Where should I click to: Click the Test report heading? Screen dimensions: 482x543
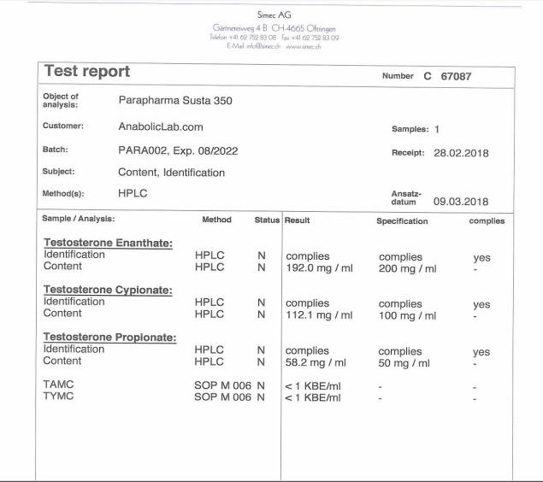tap(87, 72)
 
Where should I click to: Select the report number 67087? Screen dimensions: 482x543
tap(456, 76)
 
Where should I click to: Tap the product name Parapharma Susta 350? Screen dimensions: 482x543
tap(175, 100)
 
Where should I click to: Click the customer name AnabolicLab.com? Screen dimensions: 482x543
tap(161, 126)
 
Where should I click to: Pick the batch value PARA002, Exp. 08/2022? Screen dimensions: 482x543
tap(178, 150)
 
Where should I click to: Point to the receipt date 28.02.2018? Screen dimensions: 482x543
tap(461, 153)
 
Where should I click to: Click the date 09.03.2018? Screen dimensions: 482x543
tap(461, 202)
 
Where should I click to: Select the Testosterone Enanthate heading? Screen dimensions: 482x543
tap(108, 244)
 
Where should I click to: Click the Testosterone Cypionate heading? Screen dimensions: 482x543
tap(108, 291)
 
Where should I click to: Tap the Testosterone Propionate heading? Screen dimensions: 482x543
tap(109, 338)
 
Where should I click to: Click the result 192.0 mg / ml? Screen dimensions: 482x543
tap(319, 267)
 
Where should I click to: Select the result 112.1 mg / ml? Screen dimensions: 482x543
tap(319, 314)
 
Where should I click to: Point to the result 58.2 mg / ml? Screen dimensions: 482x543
tap(316, 362)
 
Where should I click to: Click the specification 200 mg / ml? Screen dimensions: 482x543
tap(407, 267)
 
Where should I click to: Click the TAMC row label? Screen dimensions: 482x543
tap(58, 385)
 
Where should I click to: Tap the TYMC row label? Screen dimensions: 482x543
tap(58, 397)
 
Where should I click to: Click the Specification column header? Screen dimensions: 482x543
tap(402, 220)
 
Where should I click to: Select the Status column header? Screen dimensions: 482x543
tap(267, 220)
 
